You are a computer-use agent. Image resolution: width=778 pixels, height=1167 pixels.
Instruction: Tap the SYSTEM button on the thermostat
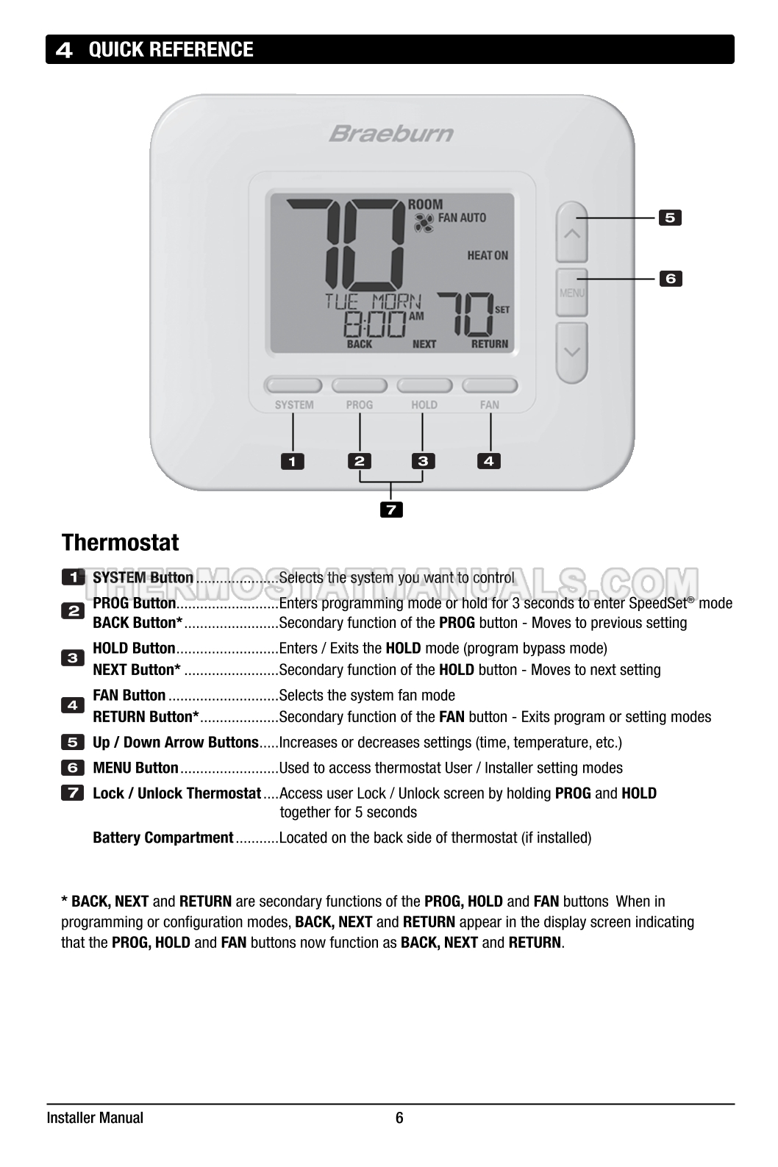293,385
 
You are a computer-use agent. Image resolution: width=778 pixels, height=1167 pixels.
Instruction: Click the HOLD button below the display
424,385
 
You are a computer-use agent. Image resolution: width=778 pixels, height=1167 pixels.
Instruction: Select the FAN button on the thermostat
490,385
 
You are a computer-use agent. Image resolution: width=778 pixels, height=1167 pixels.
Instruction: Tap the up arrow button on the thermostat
571,232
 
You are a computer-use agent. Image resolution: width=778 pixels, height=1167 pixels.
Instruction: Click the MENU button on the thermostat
571,293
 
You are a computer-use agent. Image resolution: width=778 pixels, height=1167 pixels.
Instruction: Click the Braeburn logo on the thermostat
390,134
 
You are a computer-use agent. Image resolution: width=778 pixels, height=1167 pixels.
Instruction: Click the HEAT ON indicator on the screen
487,255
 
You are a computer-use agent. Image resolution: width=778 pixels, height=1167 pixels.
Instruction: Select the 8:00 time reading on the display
376,324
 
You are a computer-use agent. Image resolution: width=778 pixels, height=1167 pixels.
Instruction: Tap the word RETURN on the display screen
490,344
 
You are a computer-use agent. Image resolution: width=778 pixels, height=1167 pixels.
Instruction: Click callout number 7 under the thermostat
391,509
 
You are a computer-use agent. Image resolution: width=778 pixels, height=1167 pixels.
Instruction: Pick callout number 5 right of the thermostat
670,218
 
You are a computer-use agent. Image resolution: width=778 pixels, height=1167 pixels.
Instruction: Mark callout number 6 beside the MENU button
670,279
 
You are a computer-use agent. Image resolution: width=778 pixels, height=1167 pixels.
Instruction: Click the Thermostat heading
120,543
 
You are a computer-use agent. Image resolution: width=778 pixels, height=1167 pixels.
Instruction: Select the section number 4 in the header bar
65,50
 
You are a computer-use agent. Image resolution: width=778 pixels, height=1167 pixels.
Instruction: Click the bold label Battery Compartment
163,838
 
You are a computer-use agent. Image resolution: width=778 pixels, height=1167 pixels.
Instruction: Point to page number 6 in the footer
399,1118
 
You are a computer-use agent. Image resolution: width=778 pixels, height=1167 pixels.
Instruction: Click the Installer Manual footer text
95,1118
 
